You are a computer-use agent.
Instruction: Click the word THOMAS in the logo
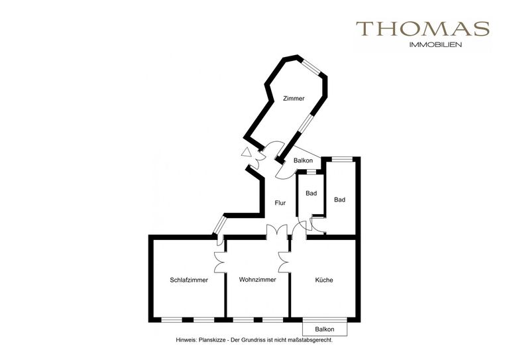[423, 29]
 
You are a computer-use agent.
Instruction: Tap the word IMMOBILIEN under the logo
[435, 45]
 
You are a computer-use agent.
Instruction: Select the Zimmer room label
[294, 98]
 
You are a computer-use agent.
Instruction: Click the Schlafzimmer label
[189, 280]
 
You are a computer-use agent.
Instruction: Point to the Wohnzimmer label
[257, 280]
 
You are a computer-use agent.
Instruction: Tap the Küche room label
[324, 280]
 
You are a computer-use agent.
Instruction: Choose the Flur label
[280, 203]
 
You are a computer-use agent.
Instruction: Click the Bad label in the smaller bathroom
[311, 194]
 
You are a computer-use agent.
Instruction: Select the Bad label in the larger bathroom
[339, 200]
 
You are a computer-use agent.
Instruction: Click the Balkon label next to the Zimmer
[303, 160]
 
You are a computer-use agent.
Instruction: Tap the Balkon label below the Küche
[325, 329]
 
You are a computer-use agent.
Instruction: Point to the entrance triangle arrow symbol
[247, 152]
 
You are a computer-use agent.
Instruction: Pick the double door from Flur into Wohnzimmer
[277, 231]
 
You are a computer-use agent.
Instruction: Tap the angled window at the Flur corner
[219, 225]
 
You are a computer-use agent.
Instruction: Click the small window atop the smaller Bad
[311, 172]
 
